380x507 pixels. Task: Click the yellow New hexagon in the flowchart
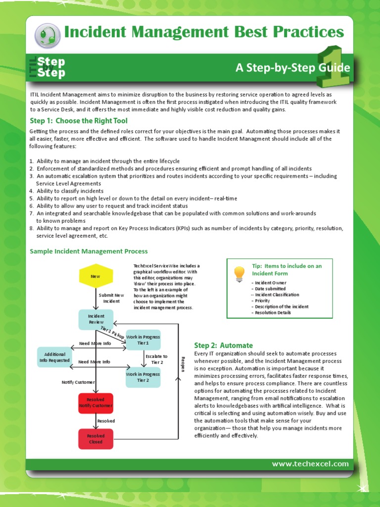tap(95, 276)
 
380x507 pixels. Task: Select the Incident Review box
tap(96, 319)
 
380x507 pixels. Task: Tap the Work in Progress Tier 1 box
tap(143, 340)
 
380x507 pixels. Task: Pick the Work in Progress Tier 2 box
tap(143, 377)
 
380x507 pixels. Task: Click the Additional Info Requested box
tap(54, 357)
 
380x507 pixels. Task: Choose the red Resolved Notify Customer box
tap(95, 403)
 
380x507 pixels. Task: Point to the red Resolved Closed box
tap(95, 439)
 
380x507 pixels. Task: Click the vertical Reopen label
tap(183, 364)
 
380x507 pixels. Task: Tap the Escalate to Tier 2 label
tap(157, 359)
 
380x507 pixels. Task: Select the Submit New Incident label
tap(111, 298)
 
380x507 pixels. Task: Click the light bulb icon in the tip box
tap(239, 273)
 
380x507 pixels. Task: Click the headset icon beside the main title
tap(47, 35)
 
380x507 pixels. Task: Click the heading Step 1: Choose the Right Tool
tap(78, 121)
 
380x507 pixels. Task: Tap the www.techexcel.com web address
tap(310, 464)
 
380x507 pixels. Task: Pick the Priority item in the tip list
tap(262, 301)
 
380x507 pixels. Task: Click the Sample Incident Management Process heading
tap(89, 252)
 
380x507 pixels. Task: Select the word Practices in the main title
tap(307, 32)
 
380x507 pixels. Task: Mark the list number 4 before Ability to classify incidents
tap(31, 191)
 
